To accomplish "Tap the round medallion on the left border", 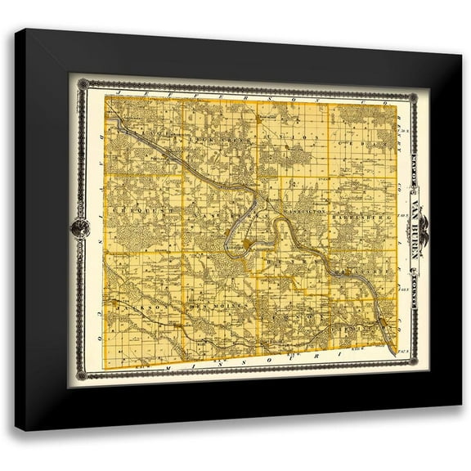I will click(80, 228).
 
